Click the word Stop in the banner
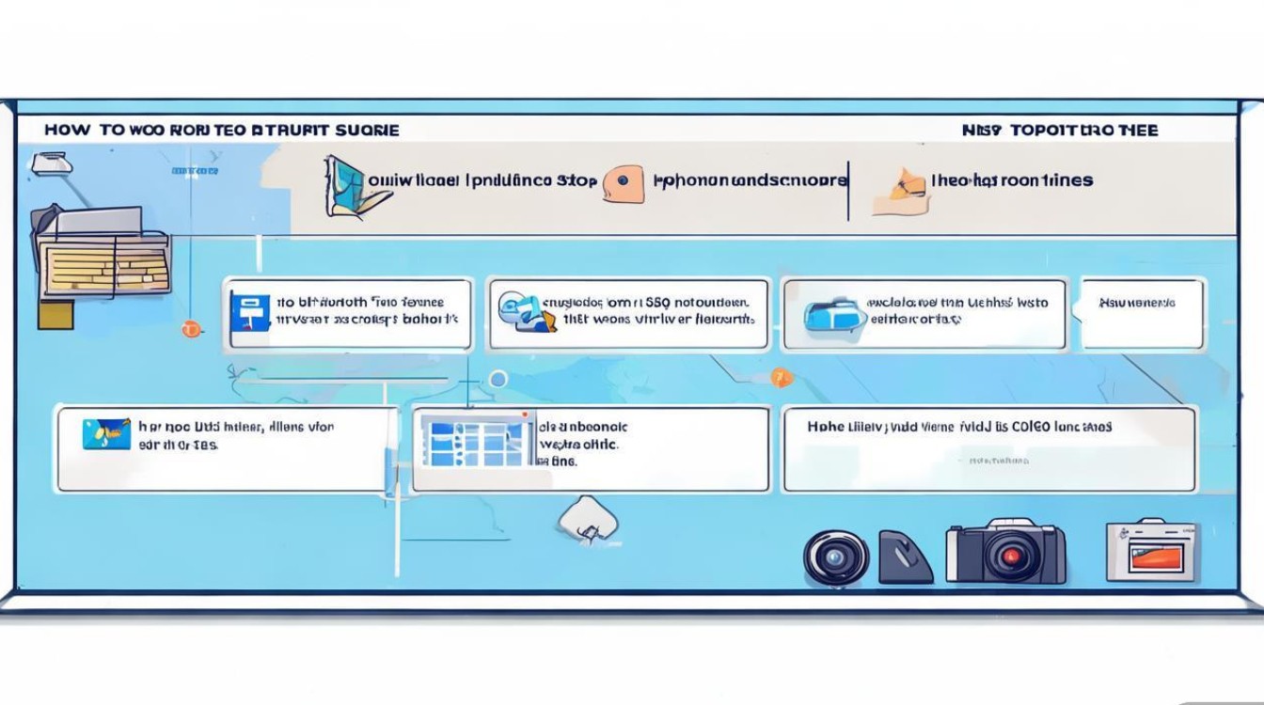click(x=577, y=180)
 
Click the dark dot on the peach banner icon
click(x=622, y=180)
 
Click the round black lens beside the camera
click(x=835, y=557)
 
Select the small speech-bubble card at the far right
click(x=1142, y=312)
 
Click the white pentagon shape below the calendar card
click(x=588, y=518)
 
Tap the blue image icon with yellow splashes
click(x=106, y=433)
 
